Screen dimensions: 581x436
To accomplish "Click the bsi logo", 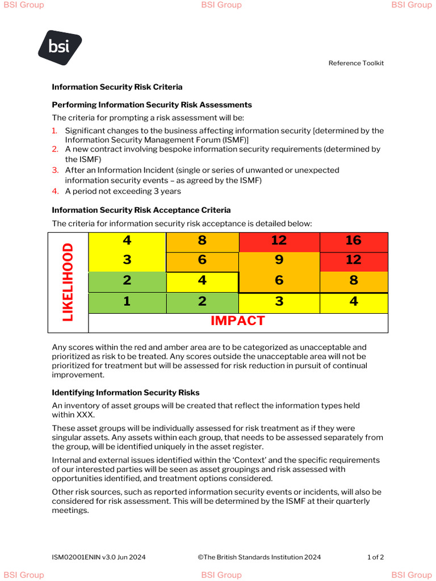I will pos(60,48).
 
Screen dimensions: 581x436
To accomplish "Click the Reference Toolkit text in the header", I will pos(356,63).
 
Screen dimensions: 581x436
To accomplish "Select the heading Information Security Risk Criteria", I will pos(117,87).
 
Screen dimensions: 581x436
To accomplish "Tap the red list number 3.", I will pos(55,170).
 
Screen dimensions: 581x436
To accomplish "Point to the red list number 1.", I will pos(55,130).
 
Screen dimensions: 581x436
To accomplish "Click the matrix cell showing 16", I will pos(353,241).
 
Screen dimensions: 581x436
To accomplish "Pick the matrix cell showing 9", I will pos(279,260).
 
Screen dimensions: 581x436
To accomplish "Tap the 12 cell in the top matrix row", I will pos(279,241).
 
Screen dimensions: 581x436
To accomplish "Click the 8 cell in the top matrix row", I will pos(202,241).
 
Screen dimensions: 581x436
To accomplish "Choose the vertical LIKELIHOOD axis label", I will pos(68,282).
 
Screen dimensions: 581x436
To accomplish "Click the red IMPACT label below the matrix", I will pos(237,321).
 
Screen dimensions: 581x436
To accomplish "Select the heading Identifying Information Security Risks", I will pos(125,393).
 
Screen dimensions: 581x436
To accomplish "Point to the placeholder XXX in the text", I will pos(86,415).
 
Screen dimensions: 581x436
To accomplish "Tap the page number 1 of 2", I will pos(375,557).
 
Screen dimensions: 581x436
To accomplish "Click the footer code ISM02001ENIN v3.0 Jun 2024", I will pos(99,557).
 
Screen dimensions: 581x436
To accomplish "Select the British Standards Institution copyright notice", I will pos(259,557).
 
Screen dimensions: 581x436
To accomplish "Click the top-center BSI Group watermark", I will pos(221,5).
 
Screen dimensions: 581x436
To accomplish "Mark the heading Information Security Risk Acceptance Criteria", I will pos(141,210).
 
